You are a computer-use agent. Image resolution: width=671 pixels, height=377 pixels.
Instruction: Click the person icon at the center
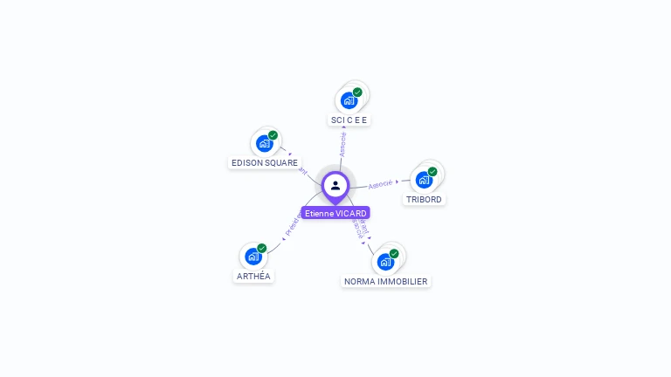(335, 185)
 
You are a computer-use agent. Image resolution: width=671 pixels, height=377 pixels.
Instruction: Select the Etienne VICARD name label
(335, 213)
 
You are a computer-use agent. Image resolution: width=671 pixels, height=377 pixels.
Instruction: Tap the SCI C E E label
(349, 120)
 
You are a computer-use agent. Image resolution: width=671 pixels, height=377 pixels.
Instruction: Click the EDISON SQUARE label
(264, 162)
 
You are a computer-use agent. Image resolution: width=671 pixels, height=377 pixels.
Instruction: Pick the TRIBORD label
(425, 199)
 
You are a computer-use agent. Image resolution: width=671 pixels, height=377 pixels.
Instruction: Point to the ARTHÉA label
(253, 276)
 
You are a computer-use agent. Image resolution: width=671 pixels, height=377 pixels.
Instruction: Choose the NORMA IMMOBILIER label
(386, 281)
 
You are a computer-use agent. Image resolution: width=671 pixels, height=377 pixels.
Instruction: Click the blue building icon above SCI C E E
(349, 100)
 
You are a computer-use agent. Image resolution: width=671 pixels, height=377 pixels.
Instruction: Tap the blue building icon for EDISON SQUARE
(264, 143)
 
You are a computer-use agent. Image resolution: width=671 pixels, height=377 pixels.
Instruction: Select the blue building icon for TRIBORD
(424, 180)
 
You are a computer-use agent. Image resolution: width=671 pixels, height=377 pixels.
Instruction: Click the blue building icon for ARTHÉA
(252, 257)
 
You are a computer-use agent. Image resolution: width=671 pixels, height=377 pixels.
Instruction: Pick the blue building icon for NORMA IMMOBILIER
(385, 262)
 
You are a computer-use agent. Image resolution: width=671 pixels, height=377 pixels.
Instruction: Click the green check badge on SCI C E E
(357, 93)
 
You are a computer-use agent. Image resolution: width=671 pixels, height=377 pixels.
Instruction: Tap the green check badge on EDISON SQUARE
(273, 135)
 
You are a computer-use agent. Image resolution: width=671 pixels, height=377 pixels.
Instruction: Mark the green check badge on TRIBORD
(432, 172)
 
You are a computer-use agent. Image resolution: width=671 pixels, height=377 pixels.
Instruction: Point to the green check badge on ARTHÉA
(261, 249)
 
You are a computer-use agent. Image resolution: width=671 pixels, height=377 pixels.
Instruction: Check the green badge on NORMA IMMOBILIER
(394, 254)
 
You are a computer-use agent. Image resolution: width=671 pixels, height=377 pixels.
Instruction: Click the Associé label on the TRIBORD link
(381, 184)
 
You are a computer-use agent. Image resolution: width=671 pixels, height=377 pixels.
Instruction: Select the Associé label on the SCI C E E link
(342, 144)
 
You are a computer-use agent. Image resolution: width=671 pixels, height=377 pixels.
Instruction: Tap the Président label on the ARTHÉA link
(293, 225)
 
